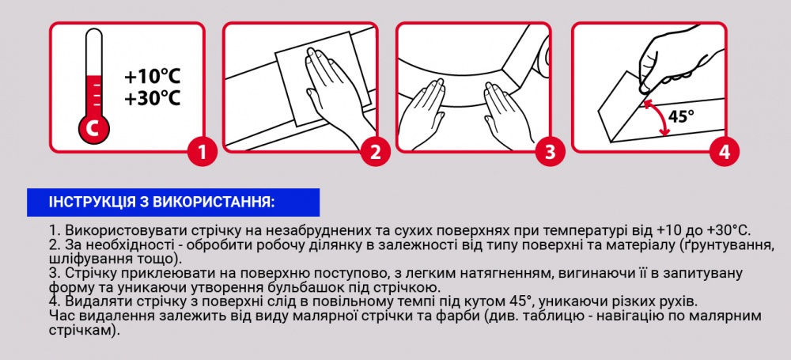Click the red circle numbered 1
(202, 151)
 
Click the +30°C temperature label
(153, 99)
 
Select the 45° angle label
(681, 116)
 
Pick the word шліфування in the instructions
(86, 259)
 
